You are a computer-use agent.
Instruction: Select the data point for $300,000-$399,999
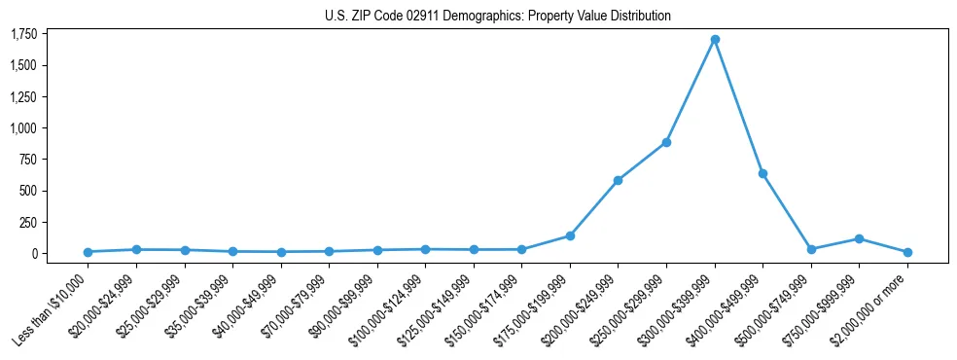tap(715, 40)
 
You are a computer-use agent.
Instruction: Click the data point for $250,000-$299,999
tap(666, 143)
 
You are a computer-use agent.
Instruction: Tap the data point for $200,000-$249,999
tap(618, 180)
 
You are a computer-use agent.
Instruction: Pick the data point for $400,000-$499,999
tap(763, 173)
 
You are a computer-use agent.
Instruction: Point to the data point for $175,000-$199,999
tap(570, 235)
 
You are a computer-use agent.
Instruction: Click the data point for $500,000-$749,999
tap(811, 249)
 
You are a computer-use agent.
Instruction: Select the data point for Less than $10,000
tap(88, 252)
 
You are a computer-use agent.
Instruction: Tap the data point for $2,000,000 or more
tap(907, 252)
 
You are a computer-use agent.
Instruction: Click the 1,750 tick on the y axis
tap(23, 34)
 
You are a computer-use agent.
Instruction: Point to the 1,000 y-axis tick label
tap(23, 128)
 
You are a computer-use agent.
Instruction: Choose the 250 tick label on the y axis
tap(29, 222)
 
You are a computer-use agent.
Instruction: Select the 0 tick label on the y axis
tap(35, 253)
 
